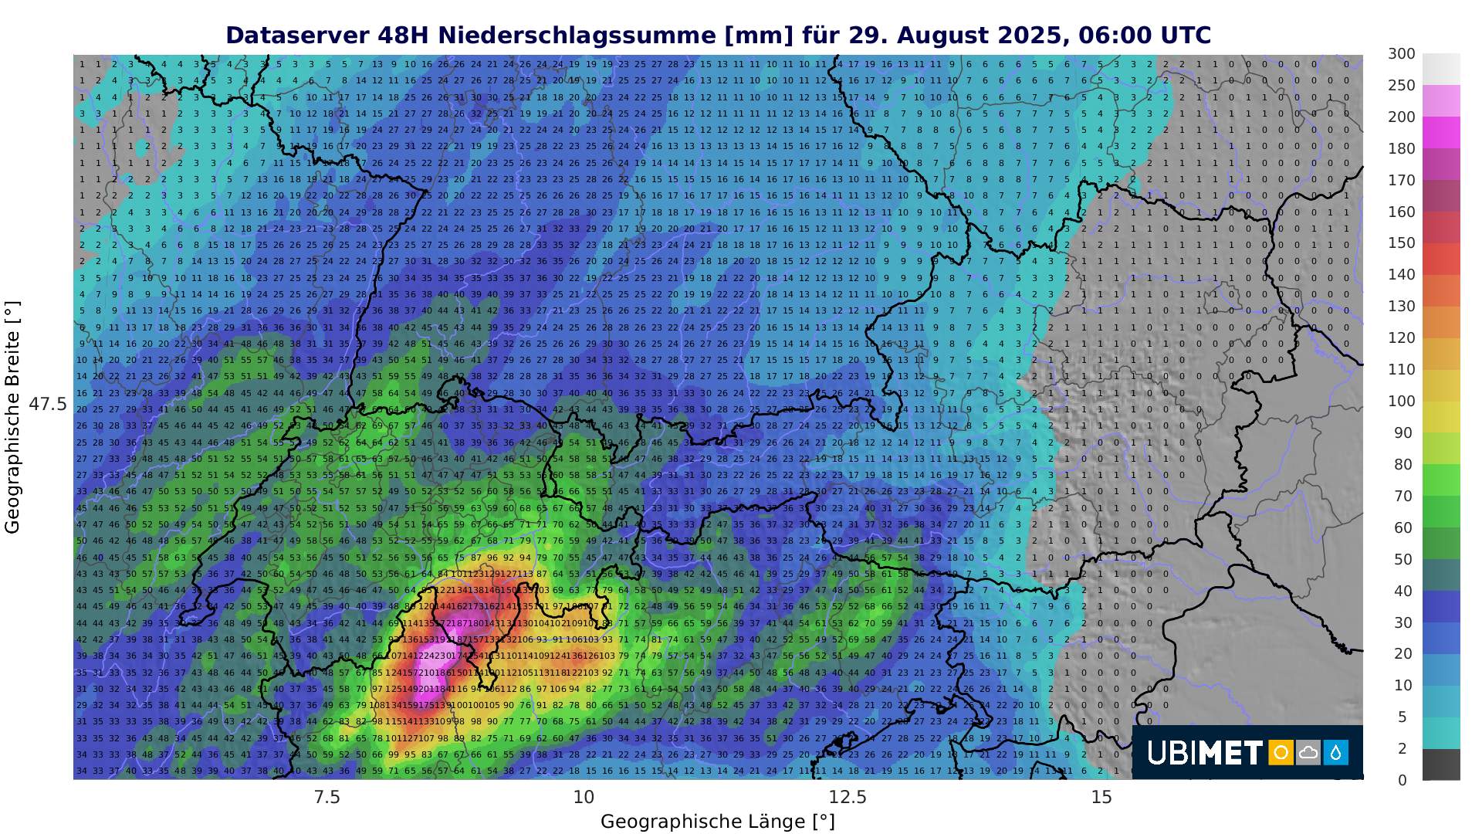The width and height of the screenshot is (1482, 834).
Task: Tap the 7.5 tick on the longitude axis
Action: (327, 797)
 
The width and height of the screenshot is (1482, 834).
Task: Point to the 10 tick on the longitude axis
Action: (584, 797)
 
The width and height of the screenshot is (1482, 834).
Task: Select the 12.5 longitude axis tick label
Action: (848, 797)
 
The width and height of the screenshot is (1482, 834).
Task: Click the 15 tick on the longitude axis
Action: (1101, 797)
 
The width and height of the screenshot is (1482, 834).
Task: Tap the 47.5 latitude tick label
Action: (48, 405)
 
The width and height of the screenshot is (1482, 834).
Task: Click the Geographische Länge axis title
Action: (717, 821)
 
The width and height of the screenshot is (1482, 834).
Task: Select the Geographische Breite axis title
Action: (12, 417)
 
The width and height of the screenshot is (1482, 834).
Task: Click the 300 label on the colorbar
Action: (1401, 54)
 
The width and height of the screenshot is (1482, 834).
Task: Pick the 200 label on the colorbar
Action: (1401, 117)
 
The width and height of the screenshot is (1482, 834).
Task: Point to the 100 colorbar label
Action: (1401, 401)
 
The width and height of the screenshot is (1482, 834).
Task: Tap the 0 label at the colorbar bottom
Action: (1402, 780)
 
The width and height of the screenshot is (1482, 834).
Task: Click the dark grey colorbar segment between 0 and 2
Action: (1441, 764)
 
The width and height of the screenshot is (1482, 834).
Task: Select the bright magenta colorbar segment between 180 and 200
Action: (1441, 133)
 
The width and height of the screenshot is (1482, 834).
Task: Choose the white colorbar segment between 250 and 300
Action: (1441, 69)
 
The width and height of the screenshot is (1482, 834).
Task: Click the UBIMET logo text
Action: (1204, 752)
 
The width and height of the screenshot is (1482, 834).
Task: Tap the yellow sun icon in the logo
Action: (1281, 752)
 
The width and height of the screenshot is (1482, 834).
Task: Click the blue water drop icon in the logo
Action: (1335, 752)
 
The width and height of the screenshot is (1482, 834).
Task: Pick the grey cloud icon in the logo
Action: (1308, 752)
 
